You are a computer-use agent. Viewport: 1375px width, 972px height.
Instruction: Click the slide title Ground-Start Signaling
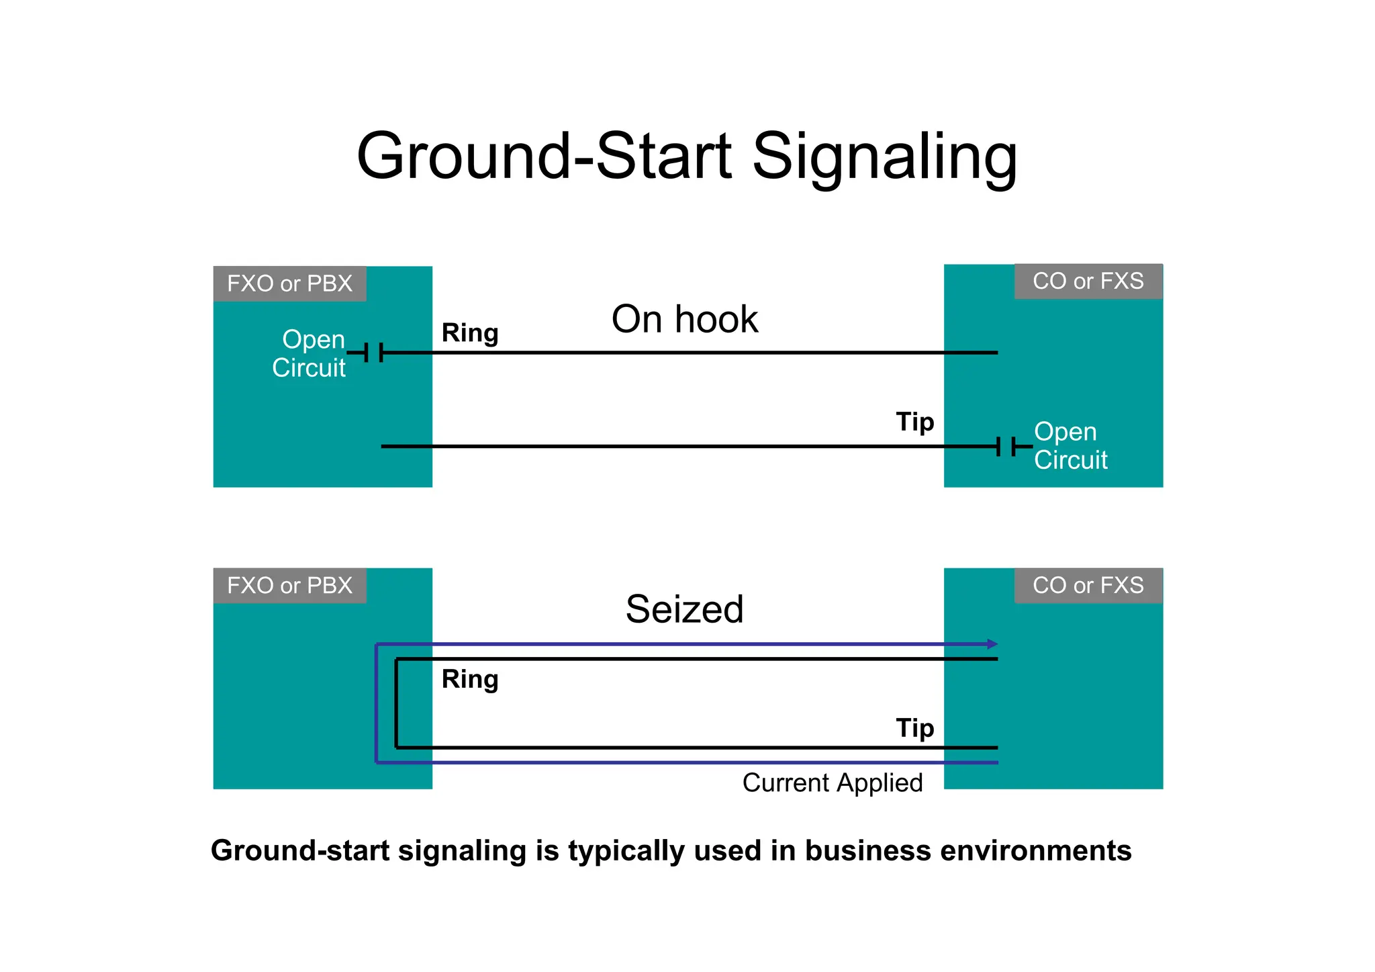click(687, 156)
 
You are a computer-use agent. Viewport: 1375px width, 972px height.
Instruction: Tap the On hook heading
click(684, 319)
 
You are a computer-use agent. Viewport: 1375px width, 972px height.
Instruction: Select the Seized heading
click(684, 609)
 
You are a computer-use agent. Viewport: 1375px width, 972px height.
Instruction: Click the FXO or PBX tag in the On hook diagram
click(289, 283)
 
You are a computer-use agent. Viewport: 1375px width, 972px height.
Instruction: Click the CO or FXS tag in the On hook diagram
click(1088, 281)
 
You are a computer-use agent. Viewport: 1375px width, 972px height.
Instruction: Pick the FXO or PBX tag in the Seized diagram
click(289, 585)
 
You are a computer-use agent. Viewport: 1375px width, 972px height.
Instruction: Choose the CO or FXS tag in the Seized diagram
click(1088, 585)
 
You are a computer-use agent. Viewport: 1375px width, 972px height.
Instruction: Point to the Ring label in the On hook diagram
click(470, 333)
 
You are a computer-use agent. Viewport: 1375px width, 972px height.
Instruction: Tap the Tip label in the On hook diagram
click(915, 422)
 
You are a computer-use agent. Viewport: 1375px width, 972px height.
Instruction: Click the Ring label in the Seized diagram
click(470, 679)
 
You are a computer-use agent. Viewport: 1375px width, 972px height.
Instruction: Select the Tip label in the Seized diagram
click(915, 728)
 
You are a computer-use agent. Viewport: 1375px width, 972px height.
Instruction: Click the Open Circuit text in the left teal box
click(310, 353)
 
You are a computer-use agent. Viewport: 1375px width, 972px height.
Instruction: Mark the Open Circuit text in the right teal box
click(1070, 445)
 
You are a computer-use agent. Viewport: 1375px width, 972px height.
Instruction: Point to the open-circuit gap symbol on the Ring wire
click(373, 352)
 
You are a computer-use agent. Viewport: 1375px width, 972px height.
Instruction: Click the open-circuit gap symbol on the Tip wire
click(1006, 446)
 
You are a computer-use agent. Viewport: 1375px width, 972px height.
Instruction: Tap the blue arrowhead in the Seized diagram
click(992, 644)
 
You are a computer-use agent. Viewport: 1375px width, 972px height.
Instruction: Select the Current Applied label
click(833, 783)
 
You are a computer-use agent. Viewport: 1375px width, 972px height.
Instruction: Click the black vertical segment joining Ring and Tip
click(396, 703)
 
